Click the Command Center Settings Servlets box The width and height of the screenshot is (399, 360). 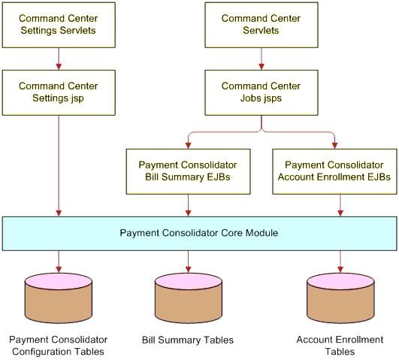[59, 25]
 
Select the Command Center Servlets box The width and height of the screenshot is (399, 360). [261, 25]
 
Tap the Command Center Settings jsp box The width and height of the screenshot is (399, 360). [59, 92]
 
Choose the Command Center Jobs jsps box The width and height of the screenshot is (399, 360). [261, 92]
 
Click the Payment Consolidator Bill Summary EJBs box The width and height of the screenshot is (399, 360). [189, 171]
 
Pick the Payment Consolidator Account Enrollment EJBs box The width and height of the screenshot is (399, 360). [334, 171]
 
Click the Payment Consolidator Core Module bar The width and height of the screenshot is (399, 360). [200, 234]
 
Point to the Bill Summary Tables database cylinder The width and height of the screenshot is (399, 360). [189, 298]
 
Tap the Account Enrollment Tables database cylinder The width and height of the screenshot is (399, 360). [340, 298]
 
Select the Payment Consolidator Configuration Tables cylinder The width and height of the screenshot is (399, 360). [59, 298]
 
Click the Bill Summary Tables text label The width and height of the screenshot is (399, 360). [188, 340]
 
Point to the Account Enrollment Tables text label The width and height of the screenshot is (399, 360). [340, 346]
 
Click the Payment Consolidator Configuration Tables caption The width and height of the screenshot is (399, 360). [59, 346]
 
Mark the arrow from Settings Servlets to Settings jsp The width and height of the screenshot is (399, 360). [59, 59]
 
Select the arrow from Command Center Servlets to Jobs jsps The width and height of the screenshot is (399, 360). [261, 59]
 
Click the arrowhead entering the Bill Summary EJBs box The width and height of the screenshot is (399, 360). [189, 146]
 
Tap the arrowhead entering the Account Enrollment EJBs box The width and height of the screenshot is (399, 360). [334, 146]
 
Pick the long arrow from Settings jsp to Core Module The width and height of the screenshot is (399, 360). [59, 166]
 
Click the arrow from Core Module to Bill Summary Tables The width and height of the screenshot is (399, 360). [189, 262]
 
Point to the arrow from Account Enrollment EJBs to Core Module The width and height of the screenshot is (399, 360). [340, 205]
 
